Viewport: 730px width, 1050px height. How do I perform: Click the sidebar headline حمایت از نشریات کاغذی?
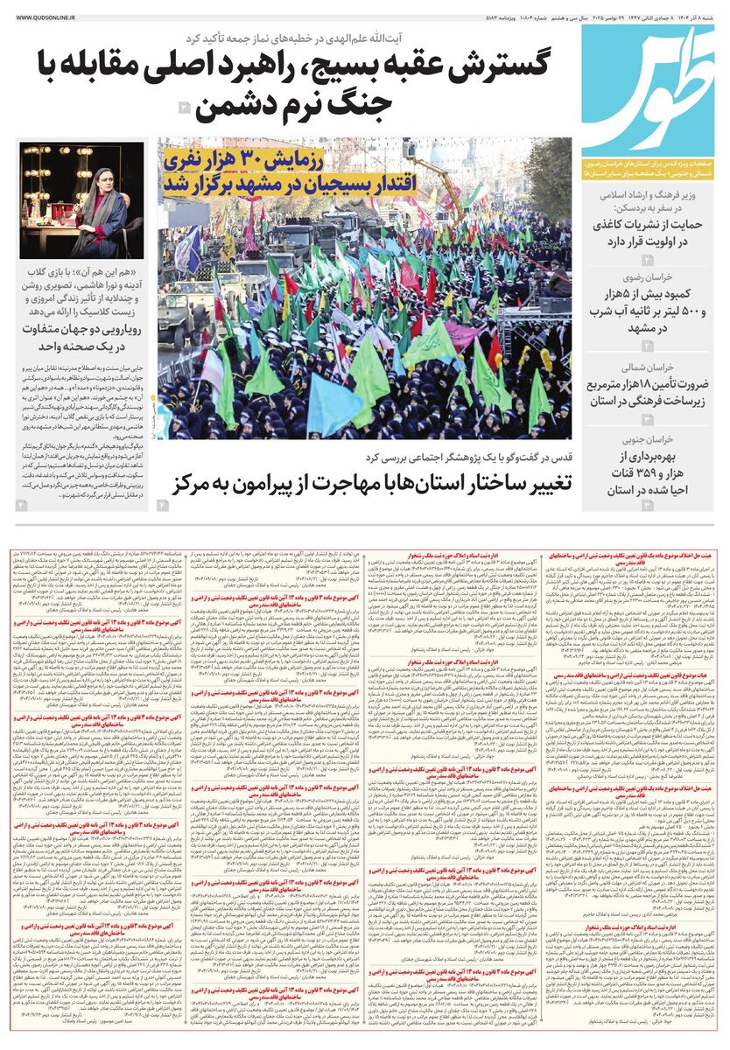tap(645, 223)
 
